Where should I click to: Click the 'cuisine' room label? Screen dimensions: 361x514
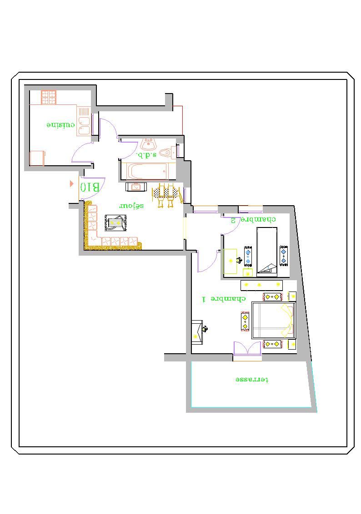pos(60,125)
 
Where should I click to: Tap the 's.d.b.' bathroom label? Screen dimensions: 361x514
pos(146,154)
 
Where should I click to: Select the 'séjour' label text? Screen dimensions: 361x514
pos(131,206)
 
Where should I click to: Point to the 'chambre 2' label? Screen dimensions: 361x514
pos(253,219)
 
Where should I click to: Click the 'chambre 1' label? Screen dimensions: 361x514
pos(224,299)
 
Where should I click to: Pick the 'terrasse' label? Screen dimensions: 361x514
pos(252,380)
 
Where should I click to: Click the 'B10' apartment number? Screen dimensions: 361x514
pos(90,187)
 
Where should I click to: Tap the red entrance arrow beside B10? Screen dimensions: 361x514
pos(71,183)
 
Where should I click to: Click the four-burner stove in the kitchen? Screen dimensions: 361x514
pos(49,97)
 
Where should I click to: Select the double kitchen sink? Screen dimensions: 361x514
pos(84,121)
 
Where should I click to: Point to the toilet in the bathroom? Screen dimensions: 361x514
pos(168,153)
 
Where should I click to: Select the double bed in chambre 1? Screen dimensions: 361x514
pos(274,320)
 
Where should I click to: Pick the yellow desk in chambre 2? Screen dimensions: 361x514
pos(230,261)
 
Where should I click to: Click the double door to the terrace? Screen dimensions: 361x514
pos(247,348)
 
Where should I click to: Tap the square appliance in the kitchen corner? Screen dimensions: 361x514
pos(37,158)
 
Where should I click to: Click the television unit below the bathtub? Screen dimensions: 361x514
pos(135,187)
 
